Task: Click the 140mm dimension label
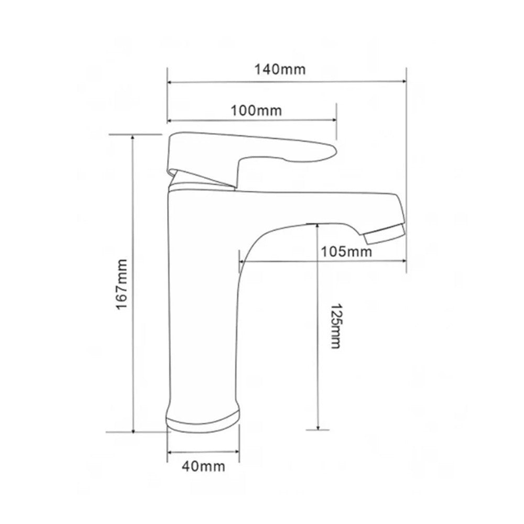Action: tap(280, 70)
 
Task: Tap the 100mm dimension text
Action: tap(256, 110)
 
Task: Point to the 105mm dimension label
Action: tap(346, 252)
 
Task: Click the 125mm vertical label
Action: tap(335, 326)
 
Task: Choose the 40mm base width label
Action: tap(203, 466)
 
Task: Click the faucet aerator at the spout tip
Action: tap(384, 234)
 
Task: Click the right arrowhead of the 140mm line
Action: tap(403, 81)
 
